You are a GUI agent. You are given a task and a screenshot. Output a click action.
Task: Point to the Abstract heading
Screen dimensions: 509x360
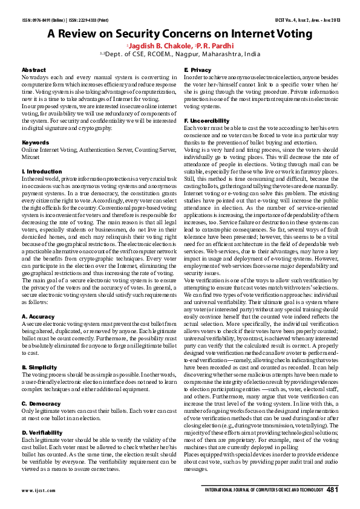point(33,71)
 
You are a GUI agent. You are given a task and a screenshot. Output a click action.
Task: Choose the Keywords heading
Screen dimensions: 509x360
point(35,143)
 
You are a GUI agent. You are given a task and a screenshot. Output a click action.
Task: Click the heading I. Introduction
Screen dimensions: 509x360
point(41,172)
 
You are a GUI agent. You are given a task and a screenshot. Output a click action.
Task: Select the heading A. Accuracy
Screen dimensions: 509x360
point(38,316)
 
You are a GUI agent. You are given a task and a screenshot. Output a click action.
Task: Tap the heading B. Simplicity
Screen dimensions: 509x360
point(39,367)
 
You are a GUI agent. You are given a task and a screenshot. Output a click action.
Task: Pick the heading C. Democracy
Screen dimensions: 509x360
point(40,403)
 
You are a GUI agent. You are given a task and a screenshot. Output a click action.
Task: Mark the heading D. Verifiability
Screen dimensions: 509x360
point(42,432)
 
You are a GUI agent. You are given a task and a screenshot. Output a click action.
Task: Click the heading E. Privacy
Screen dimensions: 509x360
point(198,71)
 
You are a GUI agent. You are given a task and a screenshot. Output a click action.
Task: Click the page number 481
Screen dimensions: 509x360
point(332,490)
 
